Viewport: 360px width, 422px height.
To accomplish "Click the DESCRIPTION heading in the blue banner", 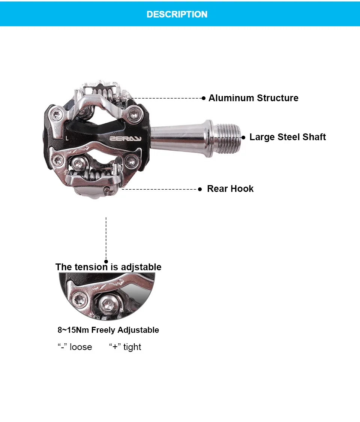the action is [x=177, y=14].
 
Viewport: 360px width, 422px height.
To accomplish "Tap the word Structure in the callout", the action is [x=277, y=98].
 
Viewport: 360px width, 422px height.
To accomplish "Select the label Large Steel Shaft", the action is [x=288, y=137].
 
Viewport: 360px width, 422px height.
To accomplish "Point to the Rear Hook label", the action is [x=230, y=189].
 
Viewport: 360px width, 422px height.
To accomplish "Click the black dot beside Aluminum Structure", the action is [x=204, y=98].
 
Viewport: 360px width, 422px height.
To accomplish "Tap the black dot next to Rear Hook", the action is [x=200, y=189].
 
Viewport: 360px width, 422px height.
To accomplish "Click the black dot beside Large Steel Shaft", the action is [x=243, y=138].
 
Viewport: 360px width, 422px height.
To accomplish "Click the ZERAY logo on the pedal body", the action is [x=126, y=139].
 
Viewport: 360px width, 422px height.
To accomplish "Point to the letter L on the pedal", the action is [x=67, y=138].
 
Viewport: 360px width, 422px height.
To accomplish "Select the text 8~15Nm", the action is [x=73, y=330].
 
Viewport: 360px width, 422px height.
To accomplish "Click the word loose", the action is [x=81, y=347].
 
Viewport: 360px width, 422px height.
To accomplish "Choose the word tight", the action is [x=132, y=347].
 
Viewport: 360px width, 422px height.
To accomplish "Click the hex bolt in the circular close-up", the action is [x=108, y=304].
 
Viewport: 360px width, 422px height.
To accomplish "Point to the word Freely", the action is [x=103, y=330].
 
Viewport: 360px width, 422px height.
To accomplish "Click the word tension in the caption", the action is [x=91, y=267].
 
